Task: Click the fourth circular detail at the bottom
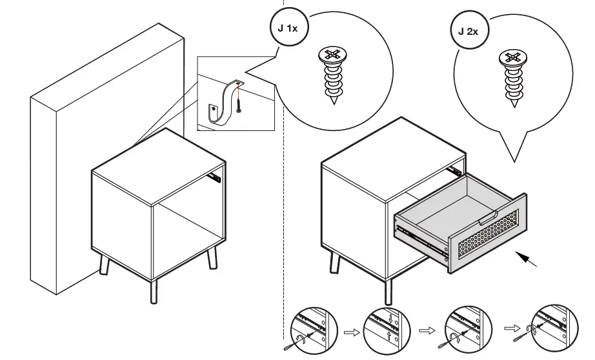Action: coord(551,329)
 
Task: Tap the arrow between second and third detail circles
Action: coord(426,330)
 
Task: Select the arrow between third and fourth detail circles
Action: coord(510,328)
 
